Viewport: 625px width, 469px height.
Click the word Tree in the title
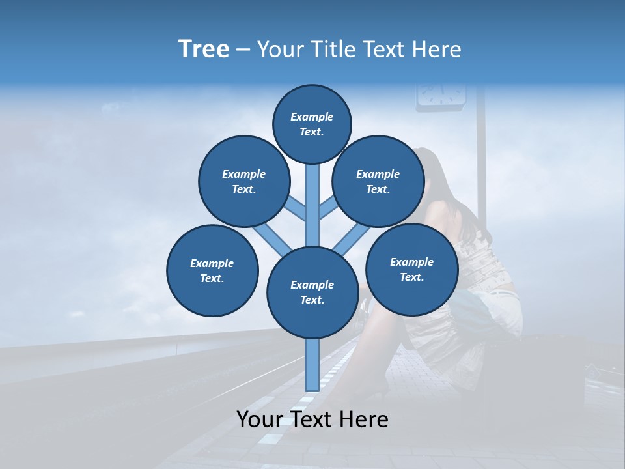pos(204,49)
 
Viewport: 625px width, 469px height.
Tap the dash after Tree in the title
pos(243,50)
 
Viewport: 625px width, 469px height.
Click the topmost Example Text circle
pos(312,124)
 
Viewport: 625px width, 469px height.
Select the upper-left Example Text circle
pos(243,181)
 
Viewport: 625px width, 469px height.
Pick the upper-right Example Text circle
pos(378,181)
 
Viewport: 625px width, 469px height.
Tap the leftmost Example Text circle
pos(212,270)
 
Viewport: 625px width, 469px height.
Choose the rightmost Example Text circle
pos(411,269)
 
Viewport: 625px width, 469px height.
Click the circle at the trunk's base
pos(312,292)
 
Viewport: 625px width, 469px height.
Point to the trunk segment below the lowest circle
pos(312,365)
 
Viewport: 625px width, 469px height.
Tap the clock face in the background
pos(441,93)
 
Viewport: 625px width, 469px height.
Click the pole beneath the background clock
pos(482,163)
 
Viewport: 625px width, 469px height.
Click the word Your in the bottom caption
pos(260,419)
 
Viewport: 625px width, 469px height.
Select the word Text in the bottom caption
pos(311,419)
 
